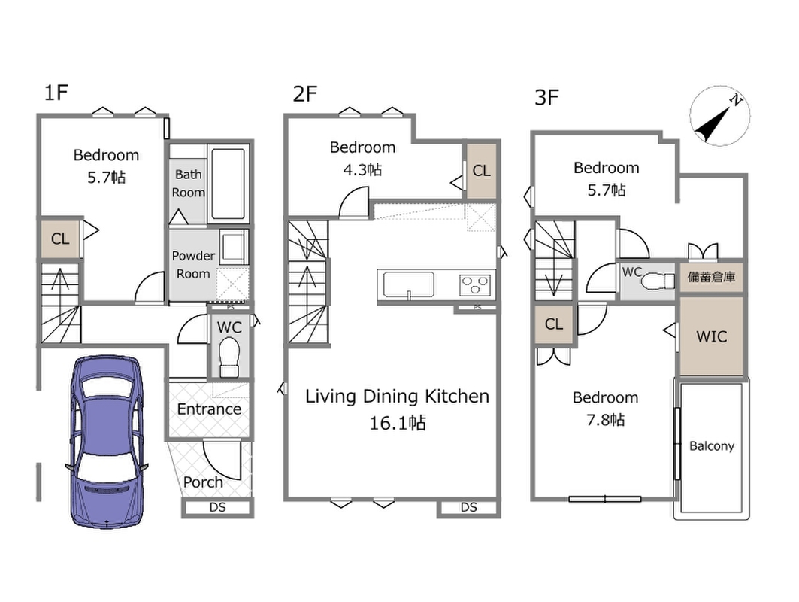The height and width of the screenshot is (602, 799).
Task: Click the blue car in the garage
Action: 107,441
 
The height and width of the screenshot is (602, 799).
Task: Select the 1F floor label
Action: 56,93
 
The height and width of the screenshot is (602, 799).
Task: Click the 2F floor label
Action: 304,94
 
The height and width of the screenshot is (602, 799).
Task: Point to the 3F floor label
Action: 546,97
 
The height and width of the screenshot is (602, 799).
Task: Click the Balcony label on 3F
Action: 711,446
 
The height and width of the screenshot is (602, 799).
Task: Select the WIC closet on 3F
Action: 711,336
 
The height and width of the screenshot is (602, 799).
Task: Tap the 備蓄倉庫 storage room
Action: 711,277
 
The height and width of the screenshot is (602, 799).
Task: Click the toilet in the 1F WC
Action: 229,357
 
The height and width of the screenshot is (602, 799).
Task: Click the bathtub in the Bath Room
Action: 228,184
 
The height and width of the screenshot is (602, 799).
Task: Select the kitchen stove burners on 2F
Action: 476,284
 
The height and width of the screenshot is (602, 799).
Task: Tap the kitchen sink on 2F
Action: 409,284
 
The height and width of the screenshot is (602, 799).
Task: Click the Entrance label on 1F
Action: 209,409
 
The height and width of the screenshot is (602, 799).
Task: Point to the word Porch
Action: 203,482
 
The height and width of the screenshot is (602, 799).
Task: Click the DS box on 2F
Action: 469,508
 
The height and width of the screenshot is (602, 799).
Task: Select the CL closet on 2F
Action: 482,171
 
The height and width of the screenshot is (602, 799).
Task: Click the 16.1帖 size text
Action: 398,423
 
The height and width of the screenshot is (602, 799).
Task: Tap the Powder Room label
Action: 193,265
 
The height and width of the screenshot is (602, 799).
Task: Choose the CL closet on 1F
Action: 60,239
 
